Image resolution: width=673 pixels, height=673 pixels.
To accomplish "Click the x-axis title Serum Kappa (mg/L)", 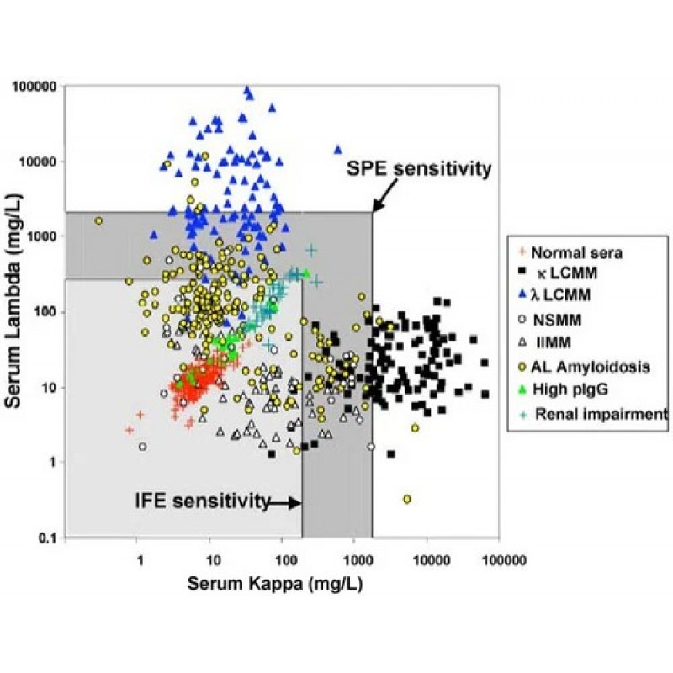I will pyautogui.click(x=274, y=584).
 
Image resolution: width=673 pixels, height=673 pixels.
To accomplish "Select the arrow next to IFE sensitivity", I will pyautogui.click(x=284, y=503).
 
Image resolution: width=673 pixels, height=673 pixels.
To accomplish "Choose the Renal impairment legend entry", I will pyautogui.click(x=598, y=413).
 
